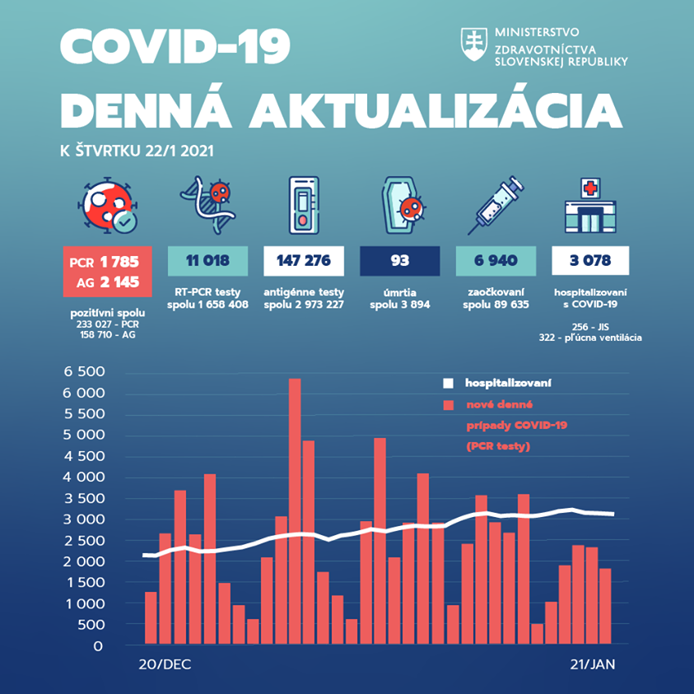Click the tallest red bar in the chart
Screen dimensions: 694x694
coord(295,510)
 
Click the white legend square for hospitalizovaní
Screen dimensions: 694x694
coord(448,383)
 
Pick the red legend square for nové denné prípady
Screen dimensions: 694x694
coord(448,405)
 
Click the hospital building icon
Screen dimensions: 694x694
coord(590,206)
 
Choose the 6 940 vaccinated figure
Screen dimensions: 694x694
coord(495,261)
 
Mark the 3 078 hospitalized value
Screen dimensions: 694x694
coord(590,261)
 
